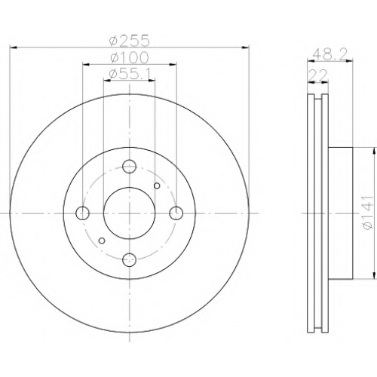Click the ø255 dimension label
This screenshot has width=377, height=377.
coord(130,41)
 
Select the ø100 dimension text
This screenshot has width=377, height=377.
coord(130,57)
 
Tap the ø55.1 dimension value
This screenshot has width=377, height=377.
coord(130,75)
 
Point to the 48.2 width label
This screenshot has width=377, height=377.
coord(330,54)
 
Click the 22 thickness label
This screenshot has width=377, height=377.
coord(318,75)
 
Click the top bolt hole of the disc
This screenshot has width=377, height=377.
coord(129,166)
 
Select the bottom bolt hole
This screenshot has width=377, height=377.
coord(129,260)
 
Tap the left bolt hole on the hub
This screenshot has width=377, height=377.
coord(82,213)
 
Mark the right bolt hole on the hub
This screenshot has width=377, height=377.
coord(176,213)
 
